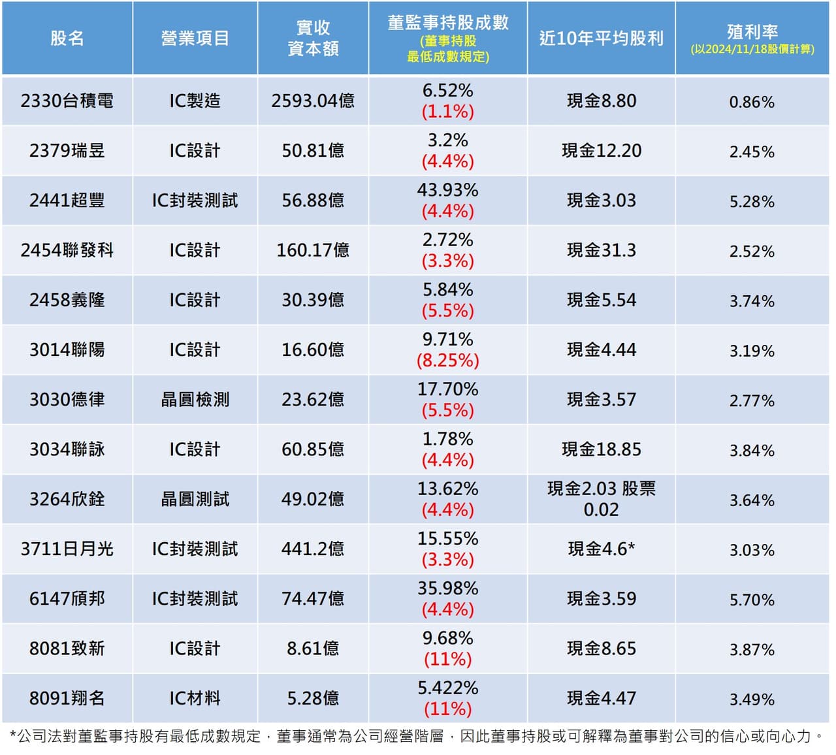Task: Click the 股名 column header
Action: tap(67, 39)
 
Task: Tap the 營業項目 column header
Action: tap(195, 39)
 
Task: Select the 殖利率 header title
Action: tap(752, 31)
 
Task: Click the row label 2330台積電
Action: tap(67, 101)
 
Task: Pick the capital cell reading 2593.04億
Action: tap(313, 101)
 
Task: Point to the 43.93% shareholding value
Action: tap(448, 190)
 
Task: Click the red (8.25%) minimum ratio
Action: tap(448, 361)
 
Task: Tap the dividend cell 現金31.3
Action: tap(602, 250)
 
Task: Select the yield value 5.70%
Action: tap(752, 600)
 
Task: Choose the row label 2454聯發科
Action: tap(67, 250)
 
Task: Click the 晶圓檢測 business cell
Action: tap(195, 400)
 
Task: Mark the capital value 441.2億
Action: tap(313, 549)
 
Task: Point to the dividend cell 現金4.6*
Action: tap(602, 549)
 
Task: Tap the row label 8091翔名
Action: tap(67, 698)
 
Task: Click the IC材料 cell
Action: tap(195, 698)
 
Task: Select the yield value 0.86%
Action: tap(752, 102)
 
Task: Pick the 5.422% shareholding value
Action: tap(448, 688)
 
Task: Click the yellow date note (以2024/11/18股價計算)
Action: tap(752, 49)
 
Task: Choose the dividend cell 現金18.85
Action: tap(602, 449)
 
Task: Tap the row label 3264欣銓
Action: tap(67, 499)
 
